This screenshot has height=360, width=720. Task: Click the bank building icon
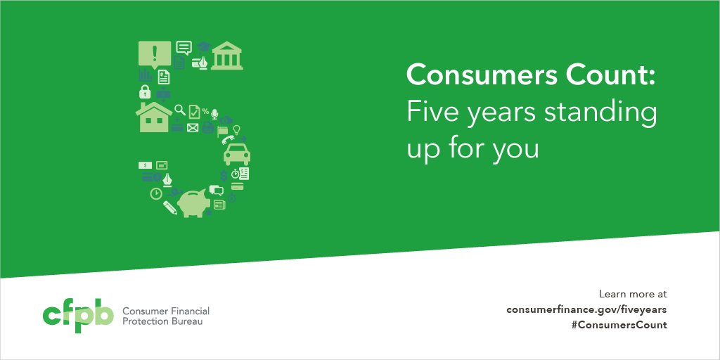click(226, 56)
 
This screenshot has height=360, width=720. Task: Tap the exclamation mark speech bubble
click(155, 53)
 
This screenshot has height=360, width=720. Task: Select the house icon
click(154, 117)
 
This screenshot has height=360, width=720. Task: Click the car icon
click(236, 153)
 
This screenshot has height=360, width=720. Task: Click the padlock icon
click(145, 92)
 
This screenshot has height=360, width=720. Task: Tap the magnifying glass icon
click(180, 110)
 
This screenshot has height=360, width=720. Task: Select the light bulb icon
click(237, 129)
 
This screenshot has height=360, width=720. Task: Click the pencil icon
click(170, 207)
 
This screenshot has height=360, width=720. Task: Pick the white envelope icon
click(193, 128)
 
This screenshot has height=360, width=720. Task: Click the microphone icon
click(214, 112)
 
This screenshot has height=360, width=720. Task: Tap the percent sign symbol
click(205, 111)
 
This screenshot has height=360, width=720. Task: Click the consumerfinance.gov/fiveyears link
click(586, 309)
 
